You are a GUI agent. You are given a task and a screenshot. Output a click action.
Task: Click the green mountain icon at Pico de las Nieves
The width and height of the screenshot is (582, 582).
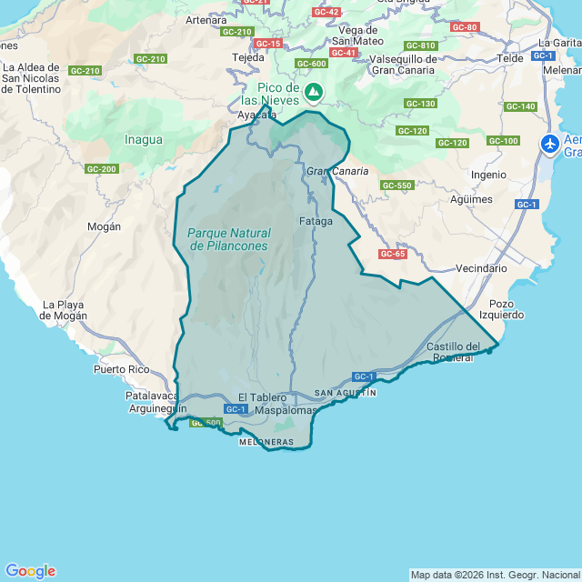(x=314, y=92)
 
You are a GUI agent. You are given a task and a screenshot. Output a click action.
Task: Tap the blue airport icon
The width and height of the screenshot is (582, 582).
(x=550, y=144)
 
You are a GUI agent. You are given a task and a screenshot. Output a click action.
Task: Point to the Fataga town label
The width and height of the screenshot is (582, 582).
(x=316, y=221)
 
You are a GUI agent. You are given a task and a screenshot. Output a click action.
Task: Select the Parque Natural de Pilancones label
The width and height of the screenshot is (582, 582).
(x=228, y=239)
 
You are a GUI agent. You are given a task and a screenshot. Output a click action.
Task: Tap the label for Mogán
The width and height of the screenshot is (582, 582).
(x=104, y=226)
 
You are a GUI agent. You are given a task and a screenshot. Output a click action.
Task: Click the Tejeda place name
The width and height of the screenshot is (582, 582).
(x=248, y=56)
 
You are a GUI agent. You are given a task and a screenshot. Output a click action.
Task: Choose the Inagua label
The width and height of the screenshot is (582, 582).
(x=144, y=140)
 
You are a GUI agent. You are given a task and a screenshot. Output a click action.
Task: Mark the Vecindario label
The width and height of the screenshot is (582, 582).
(x=481, y=268)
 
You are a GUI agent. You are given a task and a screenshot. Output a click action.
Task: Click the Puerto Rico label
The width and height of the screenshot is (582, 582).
(x=121, y=370)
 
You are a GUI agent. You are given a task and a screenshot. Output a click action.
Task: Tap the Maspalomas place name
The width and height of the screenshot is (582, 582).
(x=286, y=411)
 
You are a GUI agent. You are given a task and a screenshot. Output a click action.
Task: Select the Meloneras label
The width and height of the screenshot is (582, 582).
(x=266, y=442)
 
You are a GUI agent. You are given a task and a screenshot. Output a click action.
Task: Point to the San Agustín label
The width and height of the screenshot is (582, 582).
(x=345, y=393)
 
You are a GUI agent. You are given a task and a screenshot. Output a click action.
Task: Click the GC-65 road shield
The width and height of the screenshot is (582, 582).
(x=392, y=254)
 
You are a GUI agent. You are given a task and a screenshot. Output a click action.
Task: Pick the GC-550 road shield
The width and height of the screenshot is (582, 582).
(x=397, y=186)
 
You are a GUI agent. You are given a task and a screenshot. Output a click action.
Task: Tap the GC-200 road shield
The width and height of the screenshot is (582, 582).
(x=102, y=169)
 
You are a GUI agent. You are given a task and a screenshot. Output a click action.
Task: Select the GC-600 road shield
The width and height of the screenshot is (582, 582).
(x=311, y=64)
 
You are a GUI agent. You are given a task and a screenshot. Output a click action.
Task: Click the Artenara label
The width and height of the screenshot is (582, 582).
(x=206, y=19)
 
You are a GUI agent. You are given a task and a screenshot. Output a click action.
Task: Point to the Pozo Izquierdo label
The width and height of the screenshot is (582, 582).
(x=507, y=309)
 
